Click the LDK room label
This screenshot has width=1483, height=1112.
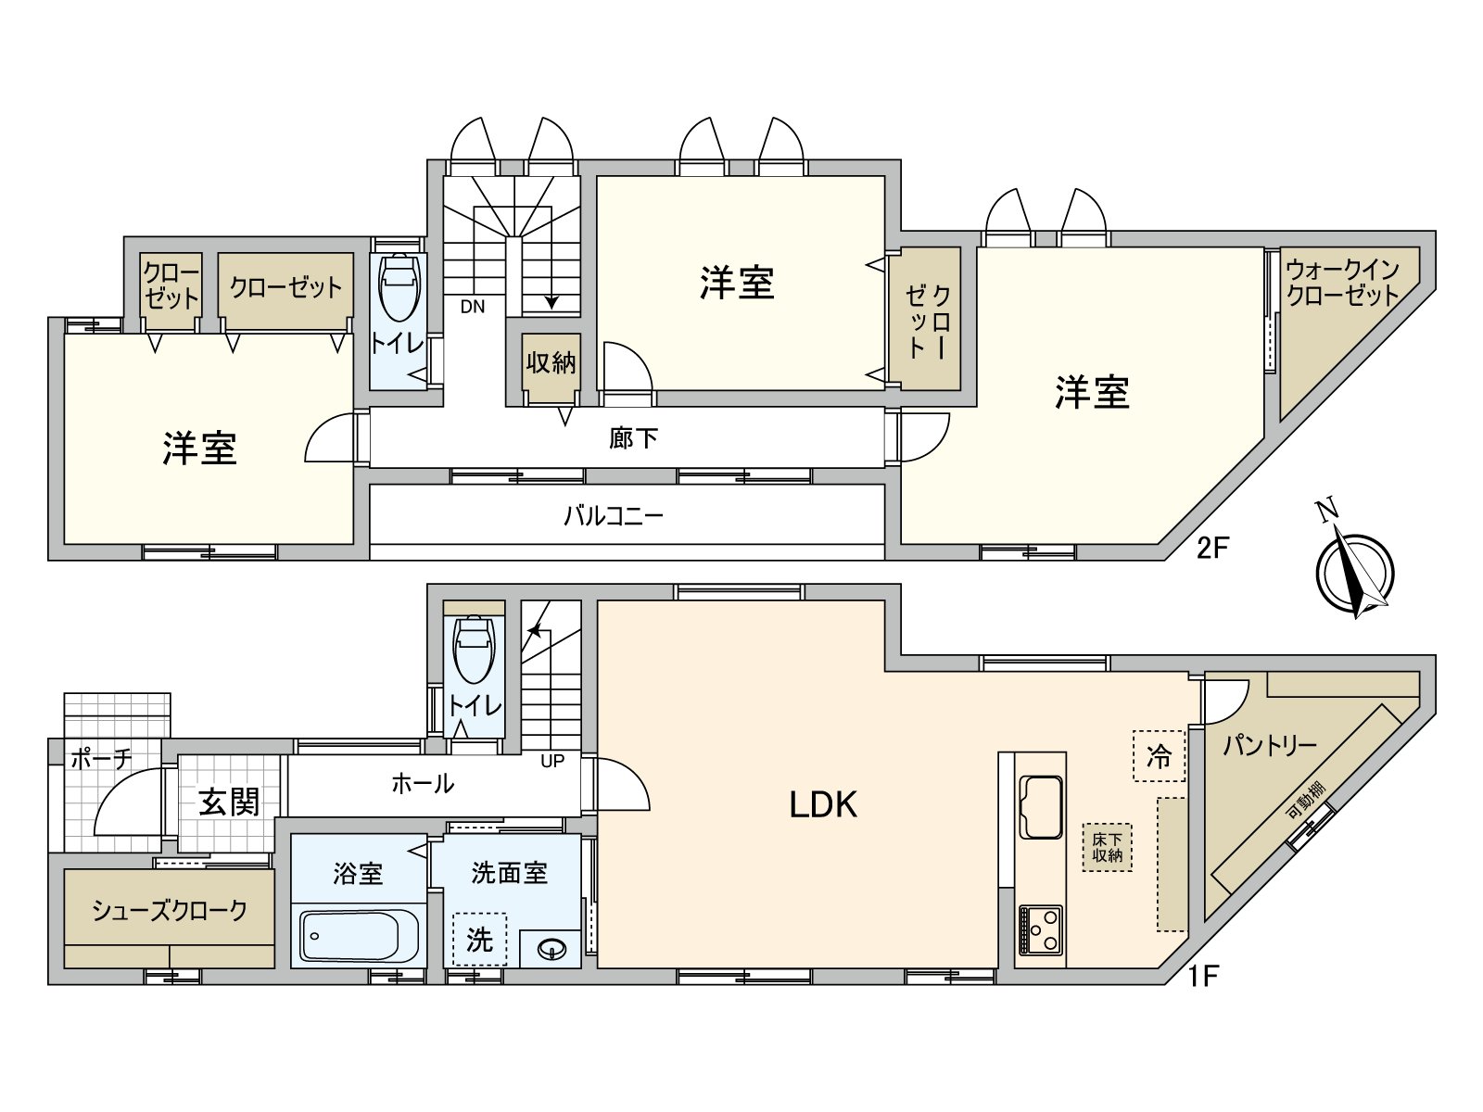(x=823, y=804)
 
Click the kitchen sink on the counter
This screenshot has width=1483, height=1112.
(x=1041, y=805)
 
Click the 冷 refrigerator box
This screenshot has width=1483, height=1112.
(x=1159, y=756)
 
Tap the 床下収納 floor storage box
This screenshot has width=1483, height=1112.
(x=1108, y=847)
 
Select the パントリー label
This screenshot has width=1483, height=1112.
(x=1268, y=745)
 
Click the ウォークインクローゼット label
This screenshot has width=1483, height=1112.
(x=1341, y=283)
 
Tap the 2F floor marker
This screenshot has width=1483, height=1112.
(x=1211, y=548)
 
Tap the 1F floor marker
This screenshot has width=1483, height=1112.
(x=1202, y=976)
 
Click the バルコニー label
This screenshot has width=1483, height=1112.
(x=614, y=515)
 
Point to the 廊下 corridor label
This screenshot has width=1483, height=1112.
(x=633, y=437)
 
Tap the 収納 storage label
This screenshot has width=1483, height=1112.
(x=551, y=362)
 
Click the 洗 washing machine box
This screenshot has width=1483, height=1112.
(x=479, y=940)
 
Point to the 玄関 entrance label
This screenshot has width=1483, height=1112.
(x=229, y=802)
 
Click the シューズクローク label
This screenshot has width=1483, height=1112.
(x=169, y=910)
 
